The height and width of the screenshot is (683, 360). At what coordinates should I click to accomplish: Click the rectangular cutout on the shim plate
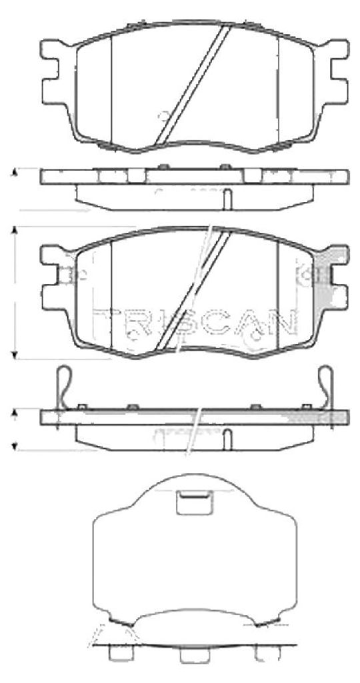click(194, 502)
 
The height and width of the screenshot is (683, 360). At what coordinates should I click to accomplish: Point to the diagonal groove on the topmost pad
click(193, 84)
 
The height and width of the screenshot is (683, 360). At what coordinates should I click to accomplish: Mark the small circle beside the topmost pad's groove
click(165, 116)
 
